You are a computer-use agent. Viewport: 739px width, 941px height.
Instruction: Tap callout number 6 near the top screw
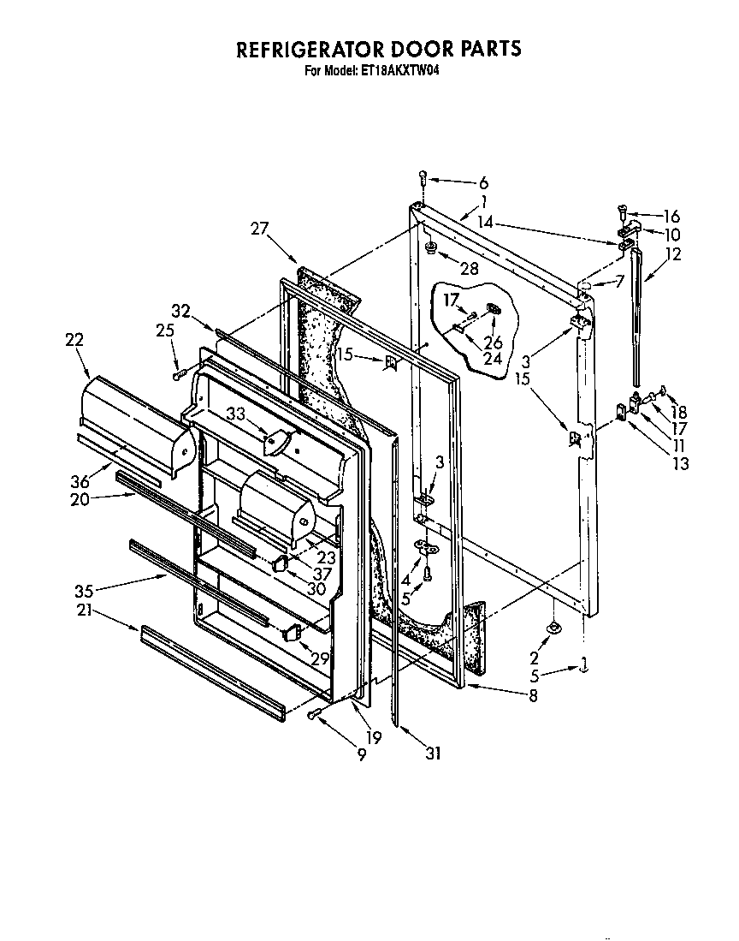tap(483, 182)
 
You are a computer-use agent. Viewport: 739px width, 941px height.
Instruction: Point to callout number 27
tap(259, 229)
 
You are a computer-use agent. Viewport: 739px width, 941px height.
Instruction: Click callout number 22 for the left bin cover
tap(74, 340)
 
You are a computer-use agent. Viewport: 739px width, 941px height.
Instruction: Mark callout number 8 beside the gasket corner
tap(533, 696)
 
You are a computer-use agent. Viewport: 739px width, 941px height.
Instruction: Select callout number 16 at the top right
tap(671, 217)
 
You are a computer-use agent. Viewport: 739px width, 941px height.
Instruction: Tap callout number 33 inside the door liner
tap(237, 414)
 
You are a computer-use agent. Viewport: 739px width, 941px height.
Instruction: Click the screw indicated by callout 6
tap(423, 178)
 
